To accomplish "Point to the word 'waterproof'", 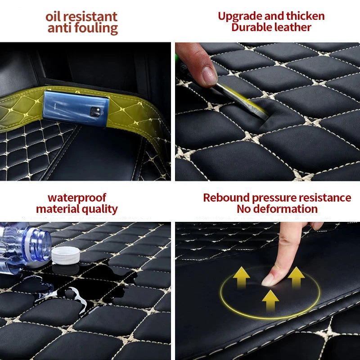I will [x=77, y=198].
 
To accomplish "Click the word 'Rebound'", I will [x=226, y=198].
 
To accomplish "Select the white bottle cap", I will [x=66, y=255].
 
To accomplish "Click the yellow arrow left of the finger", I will [x=242, y=276].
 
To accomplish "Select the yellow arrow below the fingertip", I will [x=270, y=299].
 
